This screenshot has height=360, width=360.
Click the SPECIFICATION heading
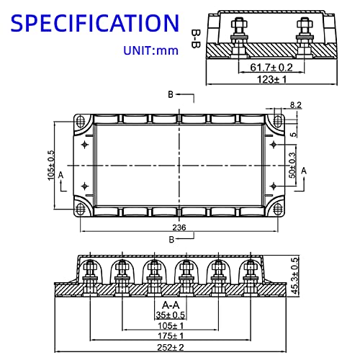[x=95, y=23]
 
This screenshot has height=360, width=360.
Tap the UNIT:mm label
[x=150, y=50]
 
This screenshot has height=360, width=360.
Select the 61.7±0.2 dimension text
[x=271, y=68]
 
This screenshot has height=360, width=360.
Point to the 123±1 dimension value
[x=271, y=79]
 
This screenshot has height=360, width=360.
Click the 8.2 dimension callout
[x=295, y=105]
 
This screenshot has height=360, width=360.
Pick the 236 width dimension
[x=179, y=228]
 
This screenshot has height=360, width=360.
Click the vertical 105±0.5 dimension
[x=51, y=166]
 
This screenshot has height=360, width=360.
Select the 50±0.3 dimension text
[x=292, y=166]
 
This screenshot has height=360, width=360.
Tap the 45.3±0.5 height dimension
[x=294, y=276]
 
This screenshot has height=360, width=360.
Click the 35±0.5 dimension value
[x=171, y=315]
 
